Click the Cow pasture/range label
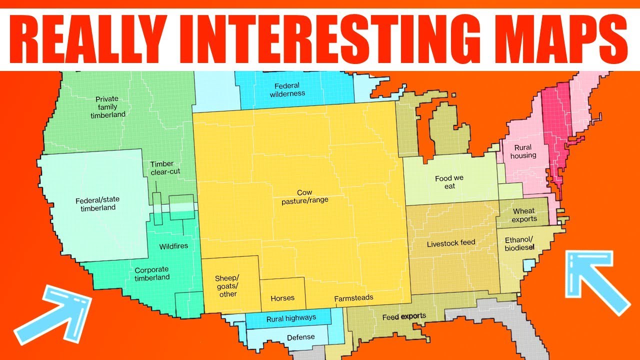[x=304, y=196]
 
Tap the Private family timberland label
[x=108, y=107]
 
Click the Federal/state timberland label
[x=97, y=203]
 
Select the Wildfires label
[x=173, y=246]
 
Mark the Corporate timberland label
[x=152, y=273]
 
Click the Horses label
[x=282, y=298]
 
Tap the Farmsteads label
[x=353, y=298]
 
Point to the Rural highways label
[x=291, y=318]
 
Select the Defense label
[x=301, y=337]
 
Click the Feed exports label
[x=404, y=316]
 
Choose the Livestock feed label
[x=450, y=243]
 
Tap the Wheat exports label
[x=524, y=215]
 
